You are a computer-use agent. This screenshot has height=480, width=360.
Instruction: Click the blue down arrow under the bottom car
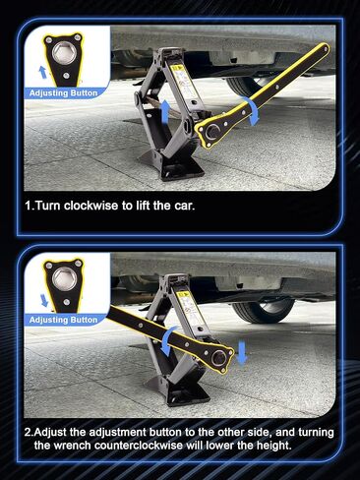point(242,351)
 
